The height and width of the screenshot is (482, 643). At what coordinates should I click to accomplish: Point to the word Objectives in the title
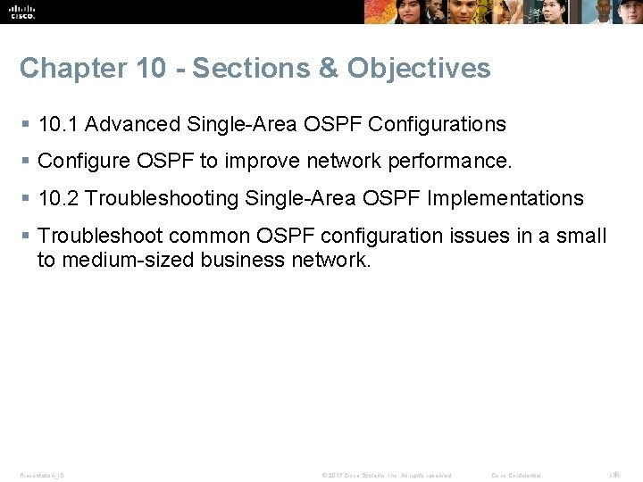pos(419,69)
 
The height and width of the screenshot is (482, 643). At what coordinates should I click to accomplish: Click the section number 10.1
pos(58,124)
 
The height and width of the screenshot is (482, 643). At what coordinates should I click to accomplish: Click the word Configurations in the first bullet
pos(437,124)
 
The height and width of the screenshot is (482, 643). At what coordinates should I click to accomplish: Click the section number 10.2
pos(58,198)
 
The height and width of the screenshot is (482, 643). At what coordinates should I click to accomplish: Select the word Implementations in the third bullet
pos(505,198)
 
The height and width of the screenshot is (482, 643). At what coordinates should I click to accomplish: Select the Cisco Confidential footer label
pos(516,475)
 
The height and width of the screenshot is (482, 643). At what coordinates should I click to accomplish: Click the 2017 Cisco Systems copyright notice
pos(387,475)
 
